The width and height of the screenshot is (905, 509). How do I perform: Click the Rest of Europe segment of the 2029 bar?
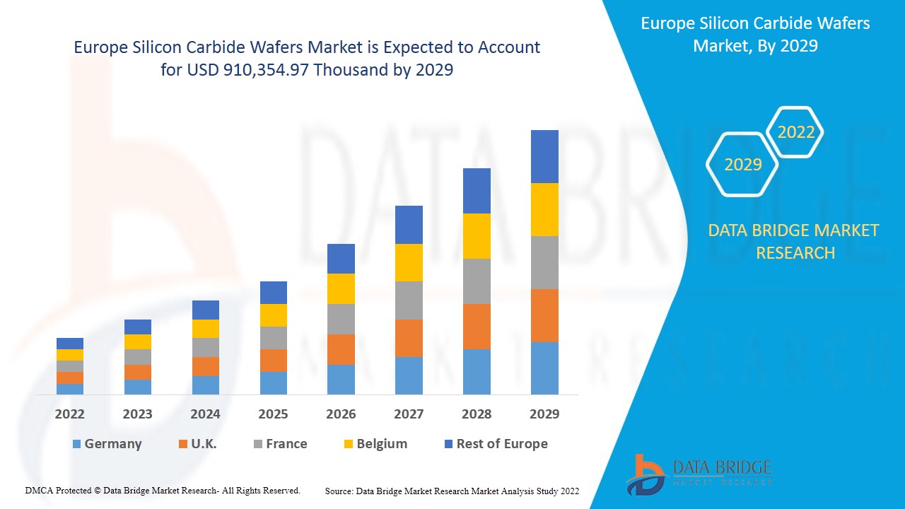click(x=544, y=156)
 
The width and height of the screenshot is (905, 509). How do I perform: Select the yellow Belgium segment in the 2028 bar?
click(x=477, y=235)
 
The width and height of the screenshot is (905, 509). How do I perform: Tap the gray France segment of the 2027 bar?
click(x=409, y=300)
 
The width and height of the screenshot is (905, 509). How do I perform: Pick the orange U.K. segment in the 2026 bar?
click(x=341, y=349)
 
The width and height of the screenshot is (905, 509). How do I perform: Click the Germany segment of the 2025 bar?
click(x=274, y=382)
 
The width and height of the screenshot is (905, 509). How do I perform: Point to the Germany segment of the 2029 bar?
click(x=544, y=368)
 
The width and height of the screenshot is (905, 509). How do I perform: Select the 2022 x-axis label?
click(x=70, y=414)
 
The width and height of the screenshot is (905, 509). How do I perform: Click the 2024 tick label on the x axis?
click(x=205, y=414)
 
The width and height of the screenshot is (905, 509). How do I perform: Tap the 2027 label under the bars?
click(x=409, y=414)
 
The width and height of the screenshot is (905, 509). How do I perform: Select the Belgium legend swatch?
click(x=349, y=444)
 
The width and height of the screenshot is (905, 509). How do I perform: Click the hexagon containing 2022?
click(x=795, y=132)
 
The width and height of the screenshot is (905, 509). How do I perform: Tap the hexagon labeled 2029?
click(x=742, y=165)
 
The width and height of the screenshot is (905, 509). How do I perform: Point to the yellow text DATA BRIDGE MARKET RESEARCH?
click(x=794, y=241)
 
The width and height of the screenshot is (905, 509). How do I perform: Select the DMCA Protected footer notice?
click(x=163, y=490)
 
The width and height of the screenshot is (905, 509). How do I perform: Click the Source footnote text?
click(x=452, y=491)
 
